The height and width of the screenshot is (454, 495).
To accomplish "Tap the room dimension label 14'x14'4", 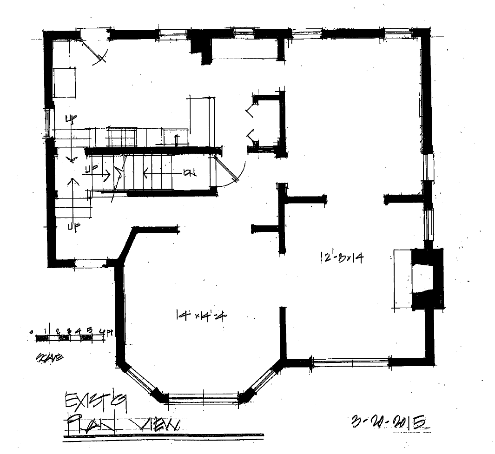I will point(201,316).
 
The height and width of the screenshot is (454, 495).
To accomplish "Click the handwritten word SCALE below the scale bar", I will point(48,358).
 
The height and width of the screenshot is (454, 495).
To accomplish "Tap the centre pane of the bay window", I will point(203,399).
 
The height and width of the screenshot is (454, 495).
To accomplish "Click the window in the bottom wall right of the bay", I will point(350,361).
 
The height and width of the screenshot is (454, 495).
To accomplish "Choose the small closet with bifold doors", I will point(265,123).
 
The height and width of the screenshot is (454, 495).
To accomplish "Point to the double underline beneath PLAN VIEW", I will point(163,436).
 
